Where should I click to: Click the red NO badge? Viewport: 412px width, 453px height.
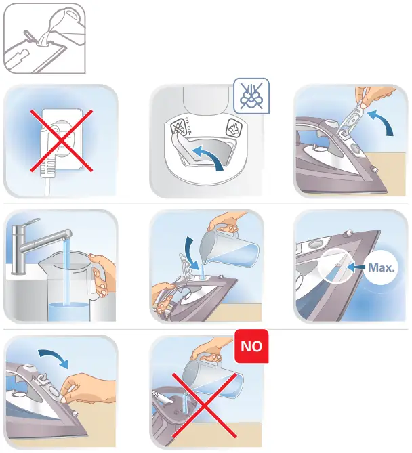[x=252, y=347]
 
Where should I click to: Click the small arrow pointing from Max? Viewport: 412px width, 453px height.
[x=356, y=267]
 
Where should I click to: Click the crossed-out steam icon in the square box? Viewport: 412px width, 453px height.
[x=251, y=95]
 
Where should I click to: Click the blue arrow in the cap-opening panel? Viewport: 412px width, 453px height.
[x=384, y=123]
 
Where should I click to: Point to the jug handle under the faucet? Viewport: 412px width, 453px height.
[x=99, y=274]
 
